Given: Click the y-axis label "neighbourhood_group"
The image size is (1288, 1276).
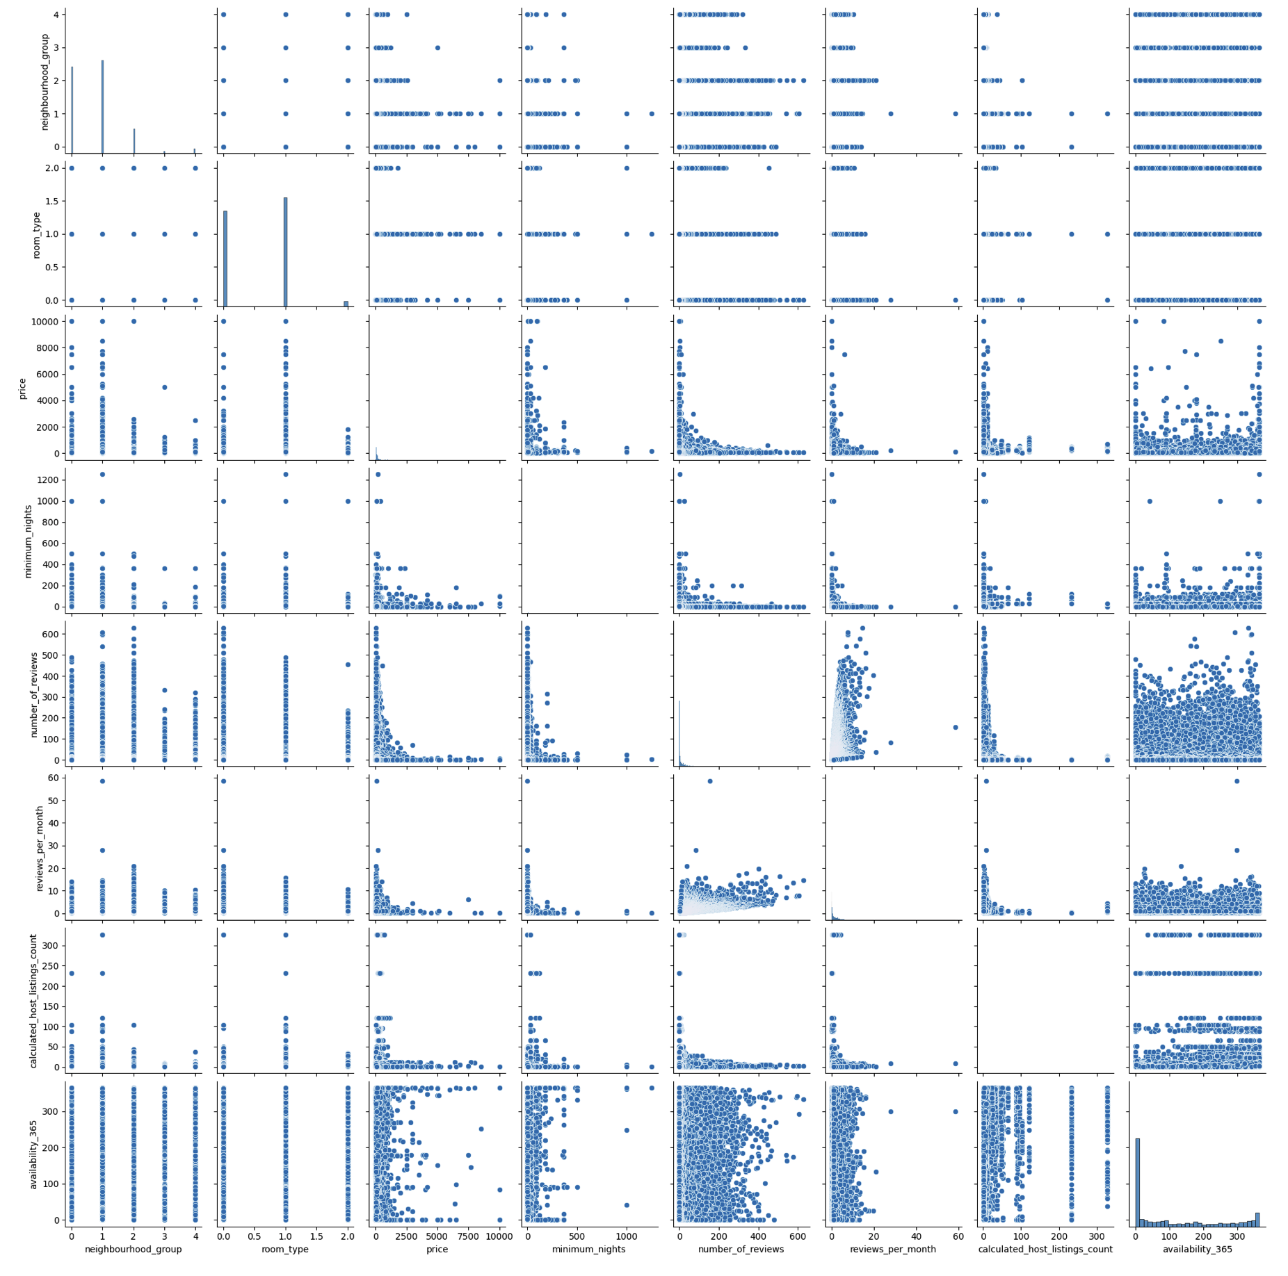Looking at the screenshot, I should [x=45, y=82].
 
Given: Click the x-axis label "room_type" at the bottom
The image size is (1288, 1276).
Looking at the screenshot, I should [x=285, y=1249].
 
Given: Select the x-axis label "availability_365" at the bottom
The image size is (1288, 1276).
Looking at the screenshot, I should [x=1197, y=1249].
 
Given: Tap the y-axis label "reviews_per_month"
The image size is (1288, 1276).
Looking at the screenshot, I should [x=40, y=849].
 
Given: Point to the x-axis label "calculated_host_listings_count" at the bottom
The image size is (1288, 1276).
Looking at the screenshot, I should [x=1045, y=1249].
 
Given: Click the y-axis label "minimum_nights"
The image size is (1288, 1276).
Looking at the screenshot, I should [x=29, y=541].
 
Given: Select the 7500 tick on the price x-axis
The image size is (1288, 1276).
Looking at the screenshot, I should [x=468, y=1236].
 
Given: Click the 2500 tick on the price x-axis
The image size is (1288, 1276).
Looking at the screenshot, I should [x=407, y=1236].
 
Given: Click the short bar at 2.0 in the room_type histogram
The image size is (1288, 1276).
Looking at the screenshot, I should [x=346, y=303].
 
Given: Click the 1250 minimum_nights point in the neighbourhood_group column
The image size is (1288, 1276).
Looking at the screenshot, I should [x=102, y=474].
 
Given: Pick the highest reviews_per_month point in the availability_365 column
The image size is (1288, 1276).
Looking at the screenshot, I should [x=1237, y=781].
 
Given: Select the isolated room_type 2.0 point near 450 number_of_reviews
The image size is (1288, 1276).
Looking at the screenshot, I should [x=768, y=168].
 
